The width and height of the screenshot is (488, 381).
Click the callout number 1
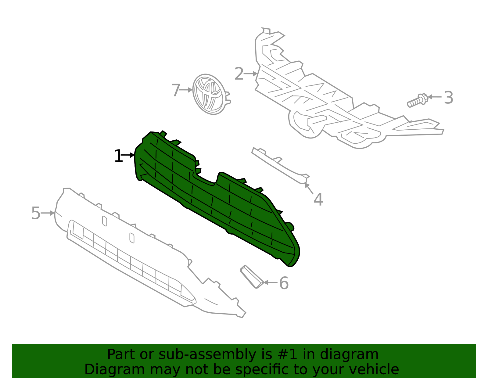click(118, 156)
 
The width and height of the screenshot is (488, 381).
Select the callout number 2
click(239, 74)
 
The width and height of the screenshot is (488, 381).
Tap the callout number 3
click(448, 98)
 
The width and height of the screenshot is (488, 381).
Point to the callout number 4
click(318, 200)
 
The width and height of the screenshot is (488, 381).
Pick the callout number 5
click(36, 213)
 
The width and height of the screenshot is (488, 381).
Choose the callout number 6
click(284, 283)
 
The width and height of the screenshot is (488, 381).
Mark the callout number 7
click(176, 91)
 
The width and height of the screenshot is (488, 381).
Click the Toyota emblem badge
click(210, 94)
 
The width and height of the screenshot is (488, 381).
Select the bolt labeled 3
click(417, 101)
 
